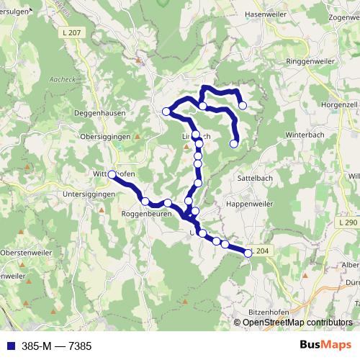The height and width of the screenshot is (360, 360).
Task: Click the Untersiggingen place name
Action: [89, 194]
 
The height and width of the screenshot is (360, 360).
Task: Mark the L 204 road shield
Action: [262, 251]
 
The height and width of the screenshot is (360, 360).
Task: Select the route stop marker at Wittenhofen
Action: [112, 174]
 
